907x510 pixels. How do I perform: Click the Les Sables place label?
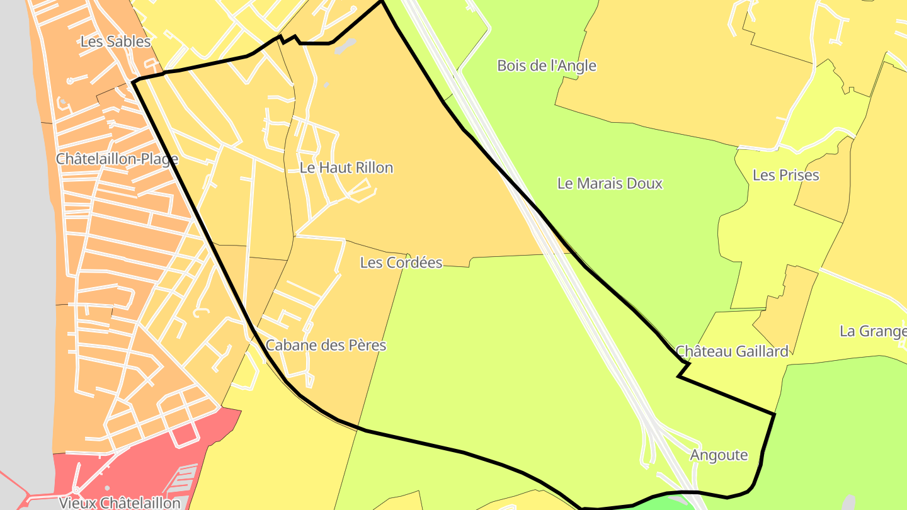[x=116, y=42]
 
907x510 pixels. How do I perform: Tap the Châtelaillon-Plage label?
[x=117, y=159]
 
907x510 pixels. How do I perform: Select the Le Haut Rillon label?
[x=346, y=168]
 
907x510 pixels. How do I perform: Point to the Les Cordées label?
[x=401, y=263]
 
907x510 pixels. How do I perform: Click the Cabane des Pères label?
[x=326, y=345]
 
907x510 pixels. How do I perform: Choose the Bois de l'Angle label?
[x=547, y=65]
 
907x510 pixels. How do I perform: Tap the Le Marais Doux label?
[x=610, y=183]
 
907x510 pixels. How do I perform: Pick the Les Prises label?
[x=786, y=175]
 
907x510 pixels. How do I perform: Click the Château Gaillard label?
[x=732, y=351]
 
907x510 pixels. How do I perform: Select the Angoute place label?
[x=719, y=455]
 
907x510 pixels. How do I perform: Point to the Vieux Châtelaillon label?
[x=120, y=502]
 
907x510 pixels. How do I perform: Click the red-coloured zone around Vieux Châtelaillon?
[x=157, y=453]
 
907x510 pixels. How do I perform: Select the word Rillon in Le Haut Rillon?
[x=374, y=168]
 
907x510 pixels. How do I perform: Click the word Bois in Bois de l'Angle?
[x=511, y=65]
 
